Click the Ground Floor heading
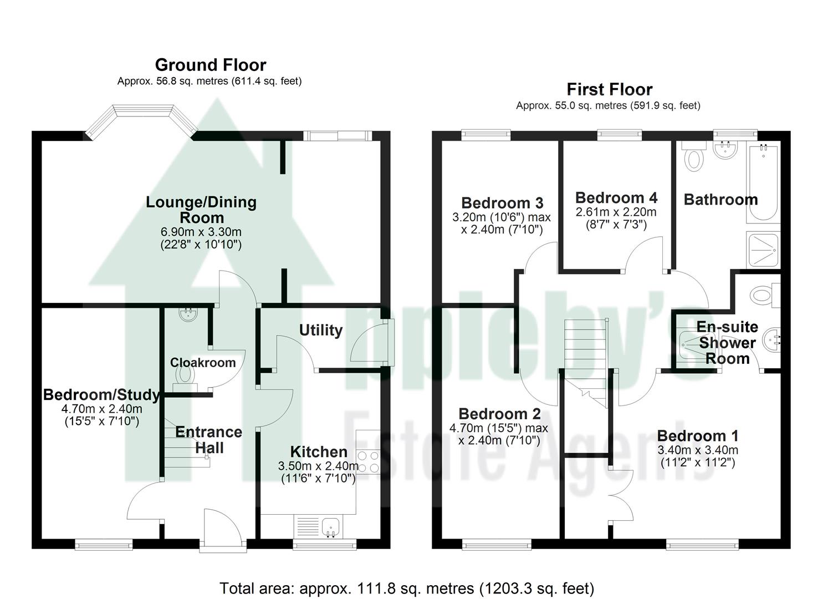[211, 65]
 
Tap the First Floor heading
[609, 89]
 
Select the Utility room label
[320, 331]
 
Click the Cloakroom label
[203, 363]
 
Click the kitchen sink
[331, 526]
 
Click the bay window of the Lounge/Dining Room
[141, 118]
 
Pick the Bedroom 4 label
[616, 198]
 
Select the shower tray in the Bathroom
[763, 250]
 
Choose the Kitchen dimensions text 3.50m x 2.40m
[318, 466]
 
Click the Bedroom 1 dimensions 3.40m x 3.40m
[697, 450]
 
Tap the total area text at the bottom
[407, 588]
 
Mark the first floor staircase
[585, 355]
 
